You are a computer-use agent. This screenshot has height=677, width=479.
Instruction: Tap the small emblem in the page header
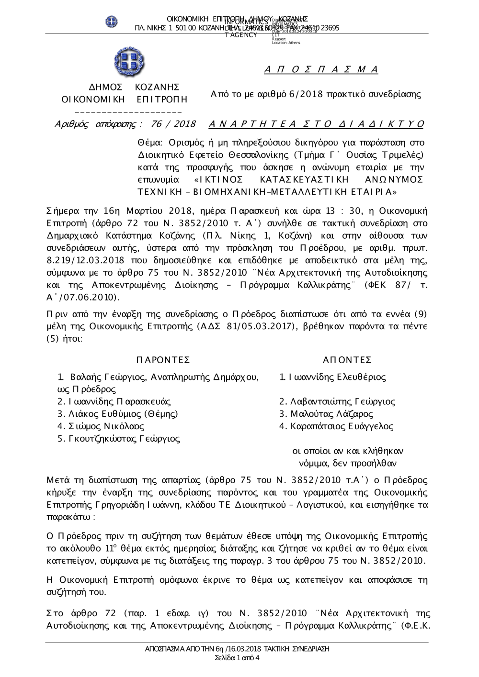tap(112, 21)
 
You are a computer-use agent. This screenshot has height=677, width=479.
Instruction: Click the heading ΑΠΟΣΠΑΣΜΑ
tap(321, 70)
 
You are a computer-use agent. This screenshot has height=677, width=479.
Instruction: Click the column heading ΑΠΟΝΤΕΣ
tap(347, 360)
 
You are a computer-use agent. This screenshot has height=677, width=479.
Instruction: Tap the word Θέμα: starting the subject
tap(150, 143)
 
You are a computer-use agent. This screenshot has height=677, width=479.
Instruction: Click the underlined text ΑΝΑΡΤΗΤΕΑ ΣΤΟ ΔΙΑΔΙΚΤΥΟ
tap(317, 124)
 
